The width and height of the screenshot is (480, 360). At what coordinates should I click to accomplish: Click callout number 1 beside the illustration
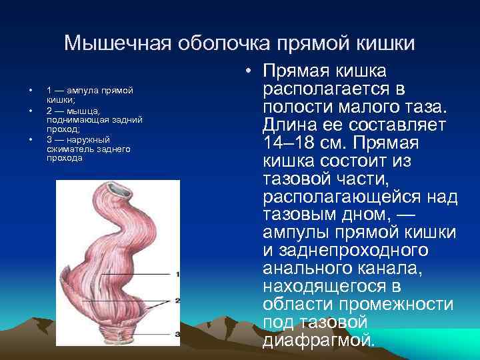point(177,274)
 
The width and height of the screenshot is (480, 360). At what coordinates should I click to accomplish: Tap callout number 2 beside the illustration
point(177,301)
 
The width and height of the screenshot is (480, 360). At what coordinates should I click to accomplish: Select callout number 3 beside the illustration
point(177,333)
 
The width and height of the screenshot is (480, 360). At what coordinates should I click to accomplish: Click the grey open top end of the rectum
point(123,191)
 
